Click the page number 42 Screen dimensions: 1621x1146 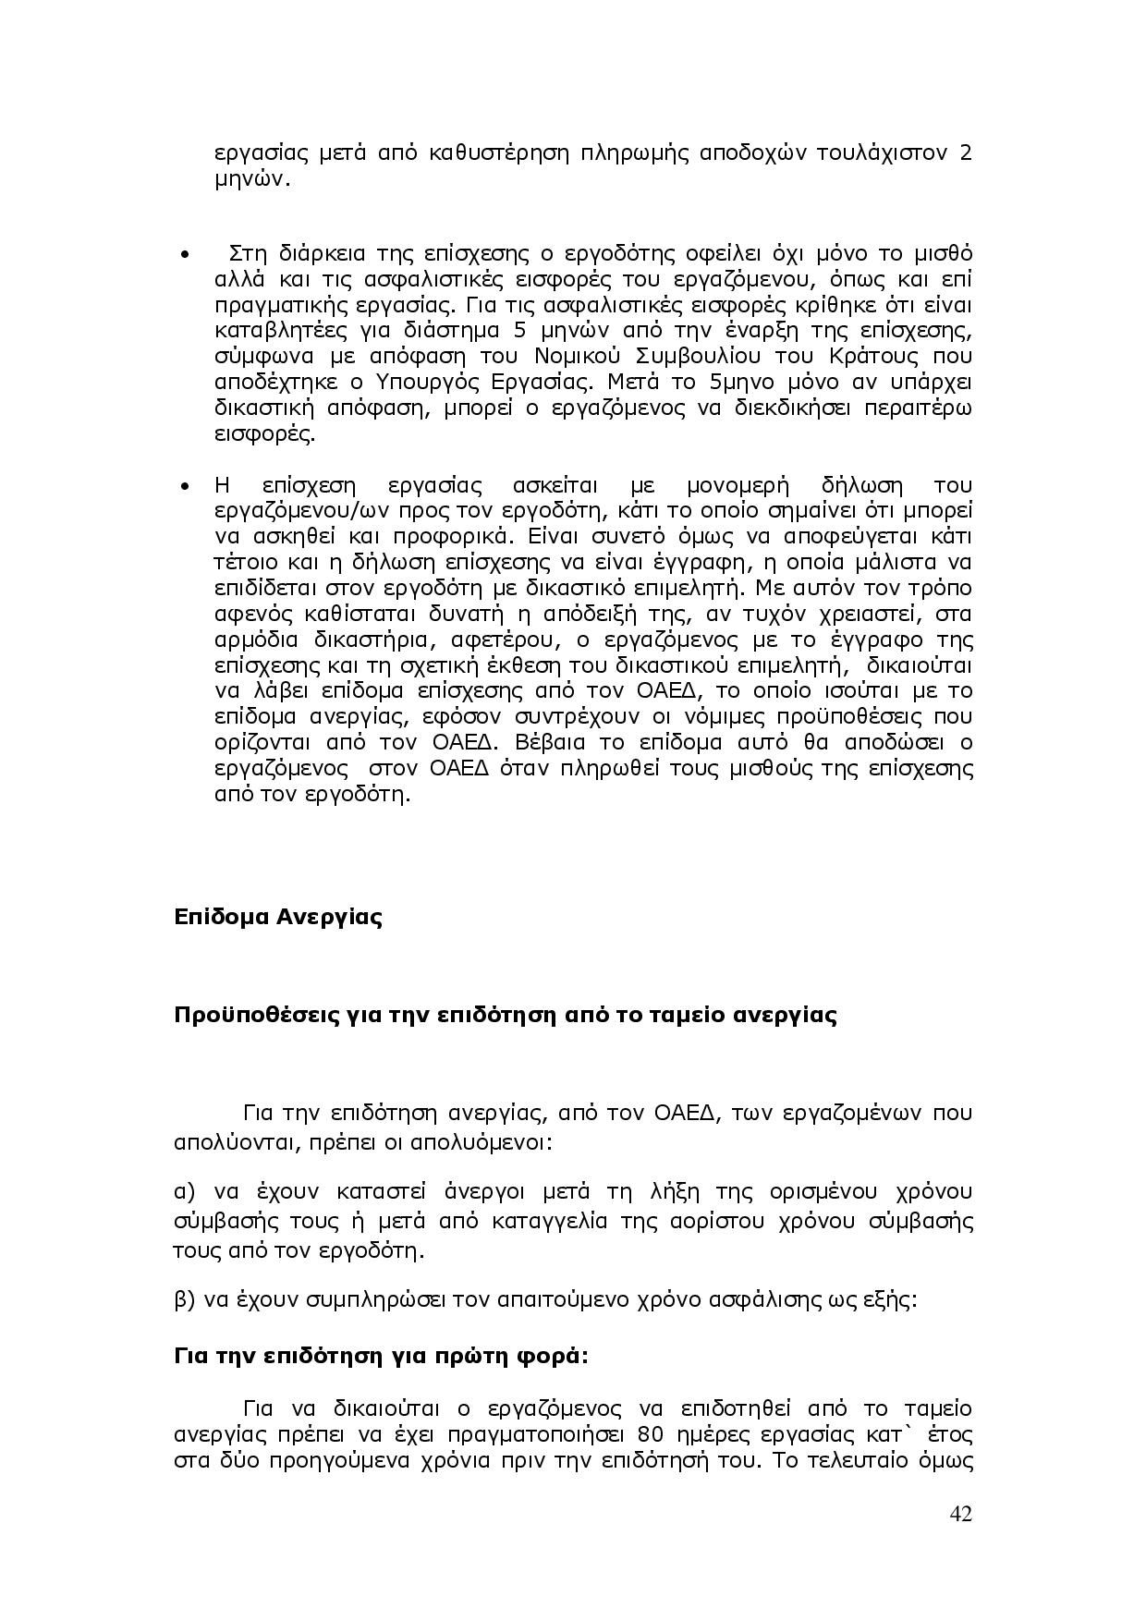(x=960, y=1514)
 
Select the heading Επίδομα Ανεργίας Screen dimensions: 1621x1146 (x=278, y=918)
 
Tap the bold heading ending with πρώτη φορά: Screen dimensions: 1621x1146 (x=381, y=1357)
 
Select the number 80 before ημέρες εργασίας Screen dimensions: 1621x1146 (x=651, y=1434)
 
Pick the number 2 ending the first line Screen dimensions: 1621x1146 (x=965, y=152)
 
